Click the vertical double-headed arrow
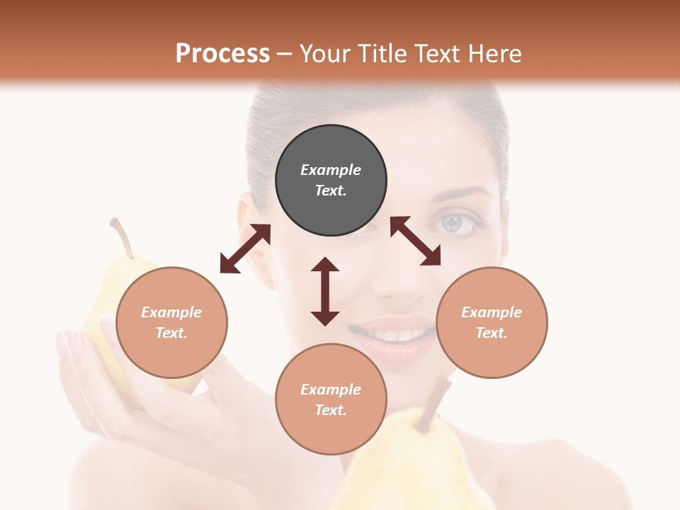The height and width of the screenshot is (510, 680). point(325,291)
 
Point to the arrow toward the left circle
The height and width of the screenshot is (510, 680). point(245,249)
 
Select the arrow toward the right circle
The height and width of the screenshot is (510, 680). point(415,241)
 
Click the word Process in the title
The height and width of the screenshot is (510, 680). point(222,53)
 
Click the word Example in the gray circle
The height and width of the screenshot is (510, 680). point(331,170)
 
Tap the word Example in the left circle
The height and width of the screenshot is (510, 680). point(171,312)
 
